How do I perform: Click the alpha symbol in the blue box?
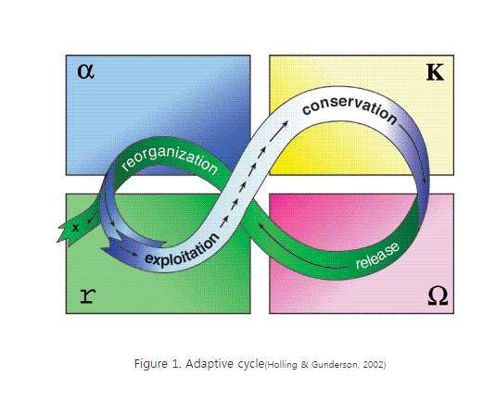[x=85, y=71]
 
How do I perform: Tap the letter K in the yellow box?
[x=435, y=72]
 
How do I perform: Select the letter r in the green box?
[x=87, y=296]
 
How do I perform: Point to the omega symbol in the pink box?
[x=438, y=296]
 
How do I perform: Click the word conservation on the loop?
[x=350, y=110]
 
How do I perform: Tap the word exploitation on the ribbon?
[x=182, y=252]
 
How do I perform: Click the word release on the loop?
[x=377, y=256]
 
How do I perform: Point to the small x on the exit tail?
[x=75, y=228]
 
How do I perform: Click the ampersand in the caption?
[x=305, y=365]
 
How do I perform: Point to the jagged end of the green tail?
[x=62, y=232]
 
